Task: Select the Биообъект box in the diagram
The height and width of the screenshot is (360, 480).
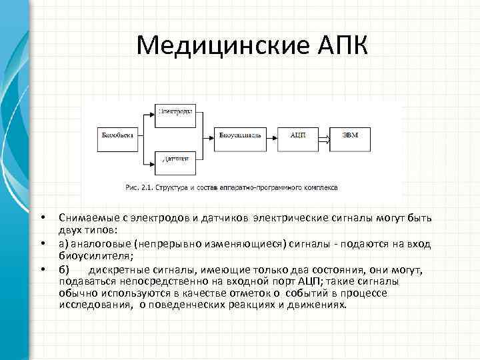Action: [118, 135]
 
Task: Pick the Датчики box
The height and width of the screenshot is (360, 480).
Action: [174, 159]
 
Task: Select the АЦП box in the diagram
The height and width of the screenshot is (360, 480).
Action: [298, 135]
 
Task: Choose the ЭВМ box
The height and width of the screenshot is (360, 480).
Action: [350, 135]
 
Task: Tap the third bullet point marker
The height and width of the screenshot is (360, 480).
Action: [41, 269]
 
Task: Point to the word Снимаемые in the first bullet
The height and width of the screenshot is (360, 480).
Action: [83, 218]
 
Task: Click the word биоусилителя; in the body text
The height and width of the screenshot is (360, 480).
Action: [96, 255]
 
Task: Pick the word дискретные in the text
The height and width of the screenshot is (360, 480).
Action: [119, 269]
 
